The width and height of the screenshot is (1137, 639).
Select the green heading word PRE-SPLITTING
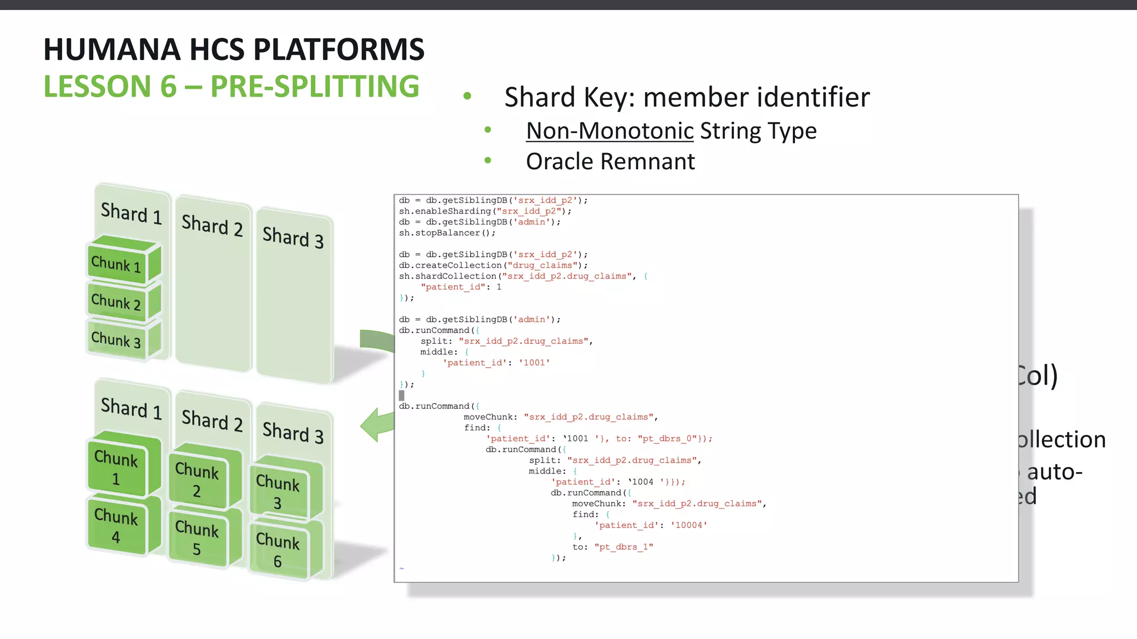[315, 87]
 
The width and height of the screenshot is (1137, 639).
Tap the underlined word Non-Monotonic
[610, 131]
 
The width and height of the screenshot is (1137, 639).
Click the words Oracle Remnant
[610, 162]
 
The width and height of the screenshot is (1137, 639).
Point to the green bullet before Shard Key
[467, 97]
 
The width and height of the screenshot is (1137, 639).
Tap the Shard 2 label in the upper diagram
[212, 225]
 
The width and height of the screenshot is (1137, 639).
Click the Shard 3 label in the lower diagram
[293, 432]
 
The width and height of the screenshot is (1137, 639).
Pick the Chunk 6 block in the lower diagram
[278, 550]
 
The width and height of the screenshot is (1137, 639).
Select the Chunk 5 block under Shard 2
[197, 538]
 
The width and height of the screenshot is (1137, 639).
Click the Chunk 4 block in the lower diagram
[116, 526]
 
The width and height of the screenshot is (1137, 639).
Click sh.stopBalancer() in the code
[447, 233]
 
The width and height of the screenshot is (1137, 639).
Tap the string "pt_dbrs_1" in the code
[623, 547]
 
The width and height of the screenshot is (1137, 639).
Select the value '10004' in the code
[688, 525]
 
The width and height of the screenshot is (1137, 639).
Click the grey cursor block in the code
[401, 395]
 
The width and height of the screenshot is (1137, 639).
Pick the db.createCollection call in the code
[493, 266]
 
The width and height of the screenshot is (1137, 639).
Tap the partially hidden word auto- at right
[1054, 473]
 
